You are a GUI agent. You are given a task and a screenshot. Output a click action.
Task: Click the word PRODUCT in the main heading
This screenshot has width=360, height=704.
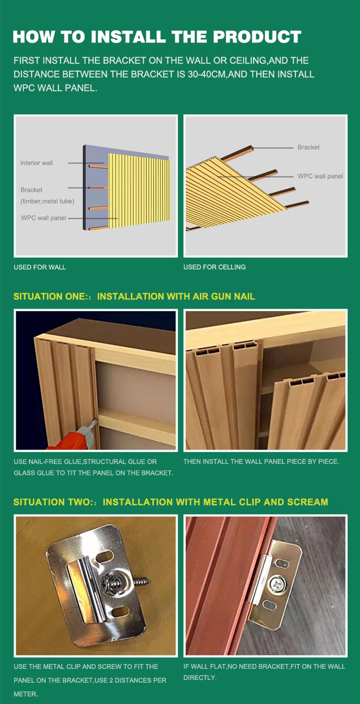(257, 37)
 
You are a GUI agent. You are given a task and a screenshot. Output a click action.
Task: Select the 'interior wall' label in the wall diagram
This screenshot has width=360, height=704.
(37, 163)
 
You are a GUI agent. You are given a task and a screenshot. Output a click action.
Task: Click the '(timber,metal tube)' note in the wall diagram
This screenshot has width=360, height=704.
(47, 201)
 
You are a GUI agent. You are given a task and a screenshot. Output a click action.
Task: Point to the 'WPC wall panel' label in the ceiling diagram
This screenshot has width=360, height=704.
(320, 176)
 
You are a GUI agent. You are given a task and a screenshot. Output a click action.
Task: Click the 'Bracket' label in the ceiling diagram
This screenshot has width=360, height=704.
(309, 147)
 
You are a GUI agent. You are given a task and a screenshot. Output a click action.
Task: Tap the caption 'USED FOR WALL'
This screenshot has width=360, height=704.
(40, 267)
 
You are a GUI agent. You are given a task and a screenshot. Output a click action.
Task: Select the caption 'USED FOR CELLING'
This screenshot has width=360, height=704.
(215, 267)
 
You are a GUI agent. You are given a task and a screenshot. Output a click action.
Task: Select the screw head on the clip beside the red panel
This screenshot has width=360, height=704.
(277, 585)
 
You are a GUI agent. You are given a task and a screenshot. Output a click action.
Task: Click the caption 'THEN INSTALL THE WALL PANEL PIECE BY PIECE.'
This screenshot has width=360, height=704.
(261, 462)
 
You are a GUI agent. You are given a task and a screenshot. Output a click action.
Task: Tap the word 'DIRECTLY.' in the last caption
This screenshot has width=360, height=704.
(200, 677)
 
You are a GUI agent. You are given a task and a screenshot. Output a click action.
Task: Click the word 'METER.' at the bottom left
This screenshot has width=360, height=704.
(26, 694)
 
